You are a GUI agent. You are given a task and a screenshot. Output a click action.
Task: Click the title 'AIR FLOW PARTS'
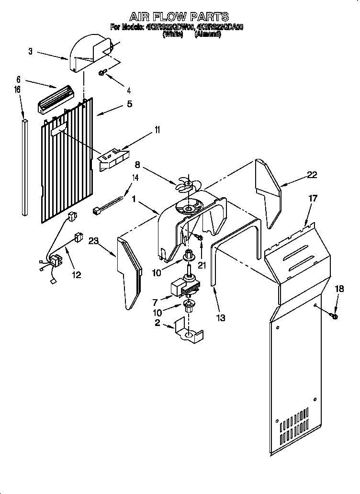point(179,17)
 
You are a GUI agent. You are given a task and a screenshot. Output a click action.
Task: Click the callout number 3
point(30,52)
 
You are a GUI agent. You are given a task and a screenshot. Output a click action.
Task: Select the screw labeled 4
point(102,73)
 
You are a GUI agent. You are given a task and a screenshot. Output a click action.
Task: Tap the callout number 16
point(17,90)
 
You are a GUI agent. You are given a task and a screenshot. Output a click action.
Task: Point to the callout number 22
point(312,175)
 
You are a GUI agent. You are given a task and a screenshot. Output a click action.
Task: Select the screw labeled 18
point(335,315)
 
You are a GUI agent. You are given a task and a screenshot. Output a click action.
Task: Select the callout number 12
point(76,275)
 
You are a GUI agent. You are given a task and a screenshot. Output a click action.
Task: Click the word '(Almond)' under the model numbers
point(207,35)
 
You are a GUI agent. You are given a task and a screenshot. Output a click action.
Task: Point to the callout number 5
point(129,103)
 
